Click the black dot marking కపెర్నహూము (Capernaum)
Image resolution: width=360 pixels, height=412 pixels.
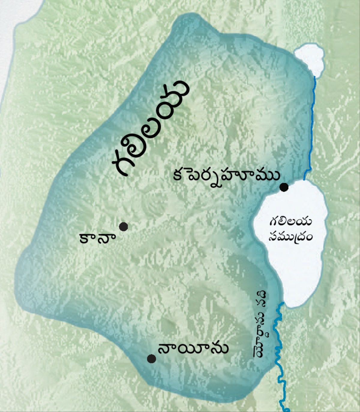tap(284, 187)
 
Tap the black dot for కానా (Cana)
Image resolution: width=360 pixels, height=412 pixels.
tap(123, 227)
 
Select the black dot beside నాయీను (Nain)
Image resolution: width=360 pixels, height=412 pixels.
tap(151, 359)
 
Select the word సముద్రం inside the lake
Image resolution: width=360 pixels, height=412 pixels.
tap(290, 237)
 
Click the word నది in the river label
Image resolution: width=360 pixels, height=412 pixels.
tap(262, 299)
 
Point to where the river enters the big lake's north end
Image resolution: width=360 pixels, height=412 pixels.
tap(304, 180)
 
